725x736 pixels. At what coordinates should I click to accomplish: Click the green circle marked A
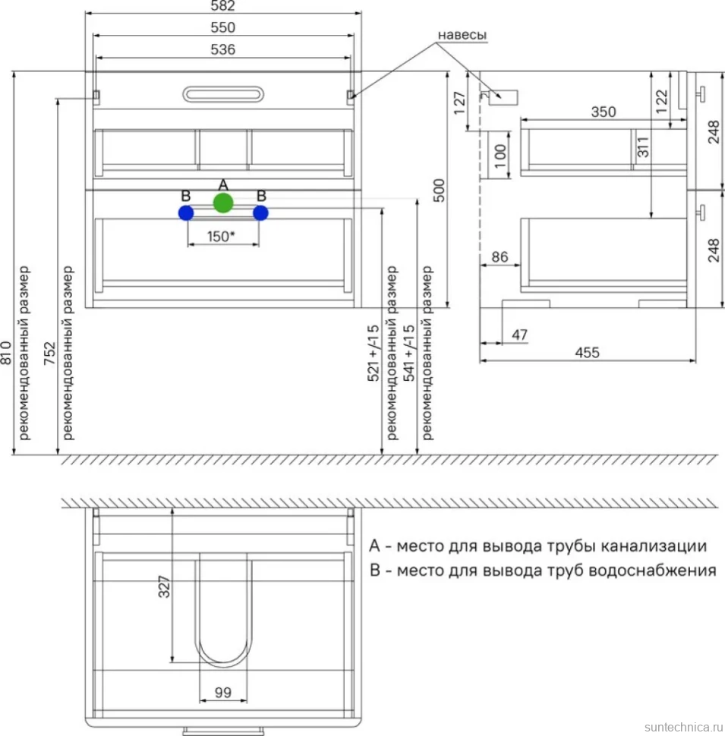223,203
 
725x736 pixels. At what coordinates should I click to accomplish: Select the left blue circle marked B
186,213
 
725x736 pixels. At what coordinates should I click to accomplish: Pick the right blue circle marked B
260,213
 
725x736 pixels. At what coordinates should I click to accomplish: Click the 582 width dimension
222,5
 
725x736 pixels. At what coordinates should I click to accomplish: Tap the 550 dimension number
222,27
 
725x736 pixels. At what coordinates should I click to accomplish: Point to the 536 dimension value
222,50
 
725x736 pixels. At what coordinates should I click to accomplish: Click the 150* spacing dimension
221,236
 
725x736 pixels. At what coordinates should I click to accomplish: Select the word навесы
462,35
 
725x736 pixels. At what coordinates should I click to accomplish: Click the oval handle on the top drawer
223,94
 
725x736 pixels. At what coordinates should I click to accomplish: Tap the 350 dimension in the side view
604,112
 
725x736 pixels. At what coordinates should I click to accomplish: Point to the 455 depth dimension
588,353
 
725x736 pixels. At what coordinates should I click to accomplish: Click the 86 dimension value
500,256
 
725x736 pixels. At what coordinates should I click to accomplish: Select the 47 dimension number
519,335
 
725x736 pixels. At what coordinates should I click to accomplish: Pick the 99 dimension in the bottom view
223,692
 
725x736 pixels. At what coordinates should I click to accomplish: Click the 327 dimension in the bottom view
163,587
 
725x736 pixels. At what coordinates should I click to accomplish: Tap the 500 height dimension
439,190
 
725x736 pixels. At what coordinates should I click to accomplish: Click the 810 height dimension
5,353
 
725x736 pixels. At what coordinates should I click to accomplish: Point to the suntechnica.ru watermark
684,727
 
